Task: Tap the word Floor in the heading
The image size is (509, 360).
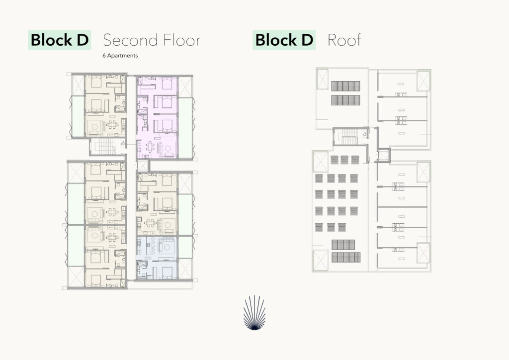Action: point(182,40)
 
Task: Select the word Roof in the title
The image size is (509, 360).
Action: point(344,40)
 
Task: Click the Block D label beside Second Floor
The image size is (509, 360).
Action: point(60,40)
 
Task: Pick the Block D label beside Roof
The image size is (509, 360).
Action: point(284,40)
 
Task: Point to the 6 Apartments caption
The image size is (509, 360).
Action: point(120,56)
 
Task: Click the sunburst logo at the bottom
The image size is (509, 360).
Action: point(254,313)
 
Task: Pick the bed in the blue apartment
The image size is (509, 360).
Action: point(167,272)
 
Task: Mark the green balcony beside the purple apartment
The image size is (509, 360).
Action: point(185,128)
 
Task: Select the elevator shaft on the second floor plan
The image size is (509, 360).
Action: point(142,166)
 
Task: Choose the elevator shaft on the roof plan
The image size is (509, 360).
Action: point(383,156)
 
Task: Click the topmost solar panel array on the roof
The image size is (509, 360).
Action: point(345,86)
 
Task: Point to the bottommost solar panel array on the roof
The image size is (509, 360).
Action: point(346,257)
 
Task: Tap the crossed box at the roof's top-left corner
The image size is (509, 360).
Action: point(322,79)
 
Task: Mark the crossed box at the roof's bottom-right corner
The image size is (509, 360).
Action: point(424,253)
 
